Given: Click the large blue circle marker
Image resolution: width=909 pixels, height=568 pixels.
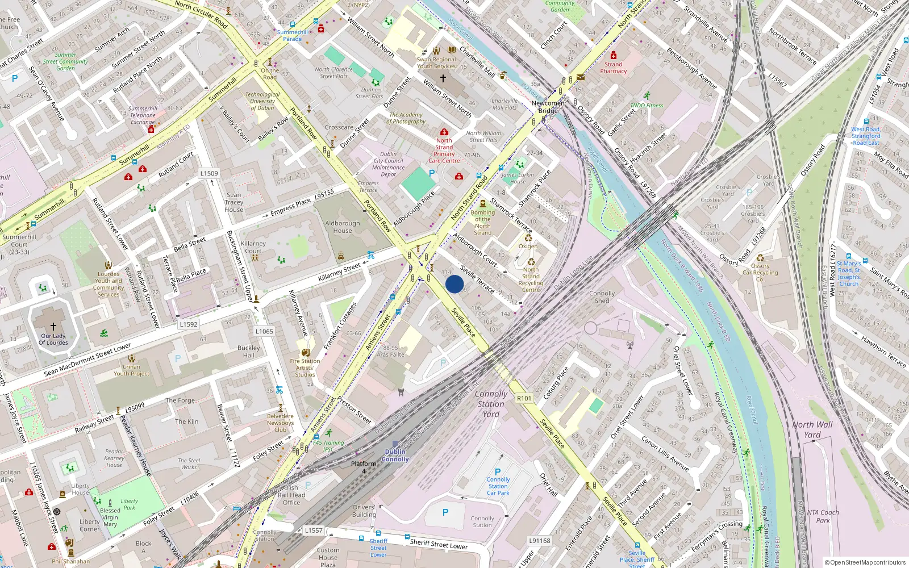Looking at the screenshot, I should [x=454, y=284].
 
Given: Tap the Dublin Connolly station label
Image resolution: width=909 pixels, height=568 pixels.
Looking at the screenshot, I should [x=395, y=456].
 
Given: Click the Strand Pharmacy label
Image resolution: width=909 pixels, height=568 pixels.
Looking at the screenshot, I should [x=613, y=68].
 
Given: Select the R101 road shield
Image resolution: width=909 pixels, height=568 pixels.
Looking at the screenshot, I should [x=524, y=398].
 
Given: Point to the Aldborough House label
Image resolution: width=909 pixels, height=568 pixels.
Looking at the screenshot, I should [x=343, y=227].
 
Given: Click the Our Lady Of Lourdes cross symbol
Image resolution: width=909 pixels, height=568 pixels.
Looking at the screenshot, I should [x=53, y=327].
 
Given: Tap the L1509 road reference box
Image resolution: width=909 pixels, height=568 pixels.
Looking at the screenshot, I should [x=209, y=173].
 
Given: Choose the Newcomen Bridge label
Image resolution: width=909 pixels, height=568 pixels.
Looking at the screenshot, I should [x=548, y=107].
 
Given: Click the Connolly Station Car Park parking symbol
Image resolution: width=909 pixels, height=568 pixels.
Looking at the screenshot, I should [x=498, y=471].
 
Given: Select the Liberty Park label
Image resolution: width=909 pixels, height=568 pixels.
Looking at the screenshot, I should [x=129, y=504].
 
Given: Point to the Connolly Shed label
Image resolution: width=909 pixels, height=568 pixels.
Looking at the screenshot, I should [x=602, y=297].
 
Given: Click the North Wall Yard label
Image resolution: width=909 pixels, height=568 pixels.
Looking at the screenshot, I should [x=812, y=429].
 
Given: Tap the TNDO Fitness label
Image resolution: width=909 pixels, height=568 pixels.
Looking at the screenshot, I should [x=647, y=105].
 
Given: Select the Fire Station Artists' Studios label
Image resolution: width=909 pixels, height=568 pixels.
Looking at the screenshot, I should [x=305, y=367].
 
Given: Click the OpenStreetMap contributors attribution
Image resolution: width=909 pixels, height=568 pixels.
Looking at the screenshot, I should [x=865, y=562].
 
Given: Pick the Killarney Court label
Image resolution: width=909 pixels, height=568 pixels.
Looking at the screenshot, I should [x=253, y=247].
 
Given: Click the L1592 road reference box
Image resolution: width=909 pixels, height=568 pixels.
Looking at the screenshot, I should [x=189, y=324].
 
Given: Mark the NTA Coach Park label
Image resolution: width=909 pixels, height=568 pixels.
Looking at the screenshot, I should [x=823, y=516].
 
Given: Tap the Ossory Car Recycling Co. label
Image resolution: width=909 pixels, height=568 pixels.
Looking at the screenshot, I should [x=760, y=272].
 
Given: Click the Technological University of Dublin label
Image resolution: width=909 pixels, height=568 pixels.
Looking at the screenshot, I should [x=262, y=101].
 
